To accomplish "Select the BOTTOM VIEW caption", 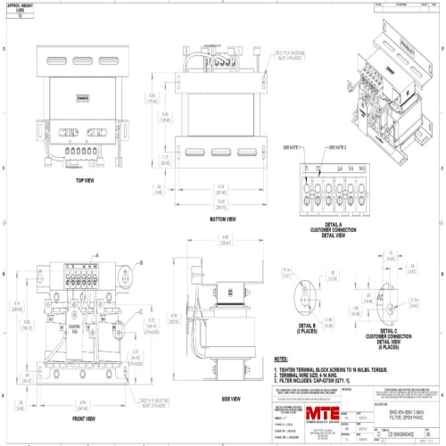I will tap(222, 219).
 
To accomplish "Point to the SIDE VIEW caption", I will tap(231, 399).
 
